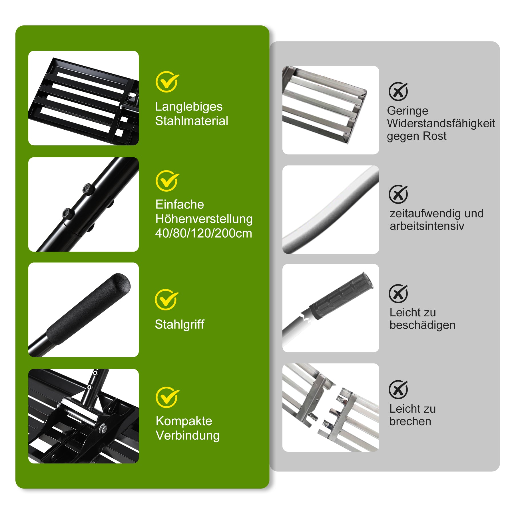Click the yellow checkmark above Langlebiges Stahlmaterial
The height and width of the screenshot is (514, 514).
tap(167, 82)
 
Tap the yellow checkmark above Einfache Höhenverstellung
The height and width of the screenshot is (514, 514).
tap(167, 181)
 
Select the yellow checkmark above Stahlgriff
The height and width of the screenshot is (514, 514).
tap(166, 300)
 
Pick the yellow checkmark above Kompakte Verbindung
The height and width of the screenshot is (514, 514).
tap(167, 397)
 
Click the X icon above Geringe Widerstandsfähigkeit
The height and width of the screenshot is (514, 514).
tap(398, 91)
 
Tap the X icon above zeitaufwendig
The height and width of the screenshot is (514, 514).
tap(398, 194)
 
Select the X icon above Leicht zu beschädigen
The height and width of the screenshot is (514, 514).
tap(398, 294)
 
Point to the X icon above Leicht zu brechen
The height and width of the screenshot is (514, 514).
tap(398, 389)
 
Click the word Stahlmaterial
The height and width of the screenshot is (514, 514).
tap(192, 121)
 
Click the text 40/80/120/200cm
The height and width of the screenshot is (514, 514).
tap(204, 233)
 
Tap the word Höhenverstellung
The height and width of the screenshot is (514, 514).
tap(204, 219)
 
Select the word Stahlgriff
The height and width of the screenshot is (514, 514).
tap(180, 324)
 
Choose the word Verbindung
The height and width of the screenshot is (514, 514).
tap(188, 435)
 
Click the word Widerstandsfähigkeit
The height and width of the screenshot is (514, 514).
tap(441, 123)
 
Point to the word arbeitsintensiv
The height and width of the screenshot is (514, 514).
tap(427, 226)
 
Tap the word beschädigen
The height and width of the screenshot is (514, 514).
tap(422, 325)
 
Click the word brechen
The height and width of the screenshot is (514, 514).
tap(410, 421)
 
